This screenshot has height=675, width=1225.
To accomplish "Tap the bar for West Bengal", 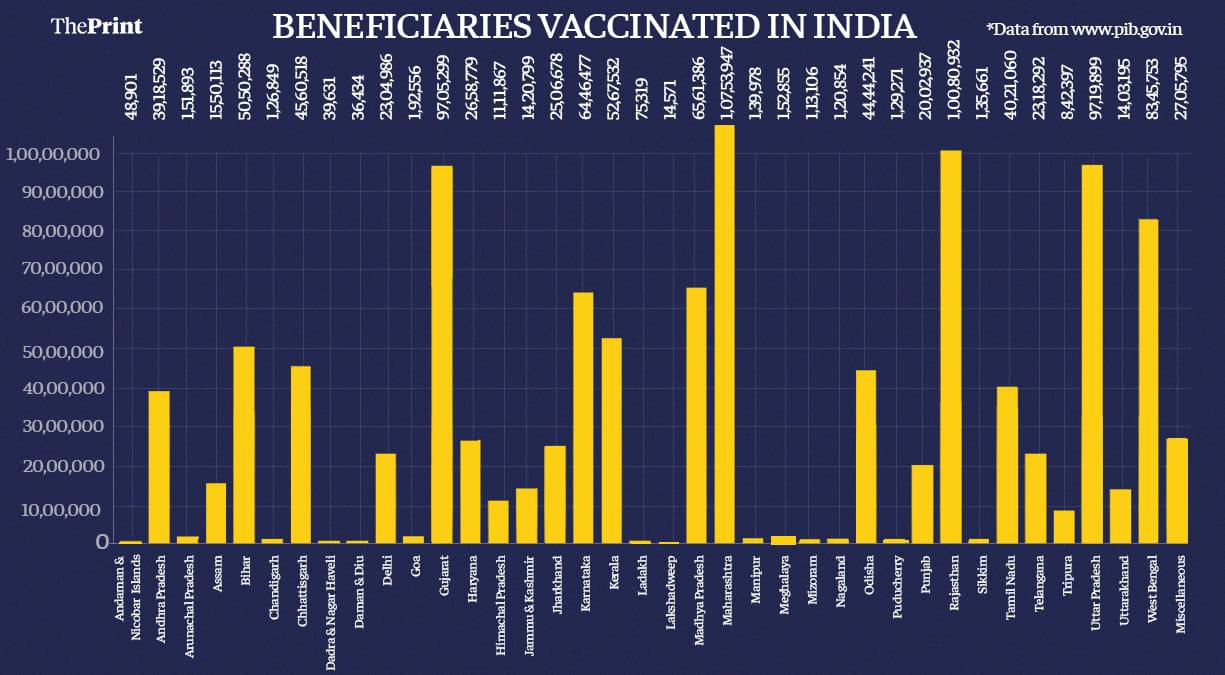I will (x=1148, y=380).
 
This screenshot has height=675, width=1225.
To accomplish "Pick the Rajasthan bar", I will (x=951, y=346).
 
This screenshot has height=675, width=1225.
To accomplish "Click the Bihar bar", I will (x=244, y=444).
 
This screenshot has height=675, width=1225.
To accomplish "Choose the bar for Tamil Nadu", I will (x=1007, y=464).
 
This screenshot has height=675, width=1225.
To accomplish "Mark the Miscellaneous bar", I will (x=1177, y=490).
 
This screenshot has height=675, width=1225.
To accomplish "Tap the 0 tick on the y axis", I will (x=101, y=541).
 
